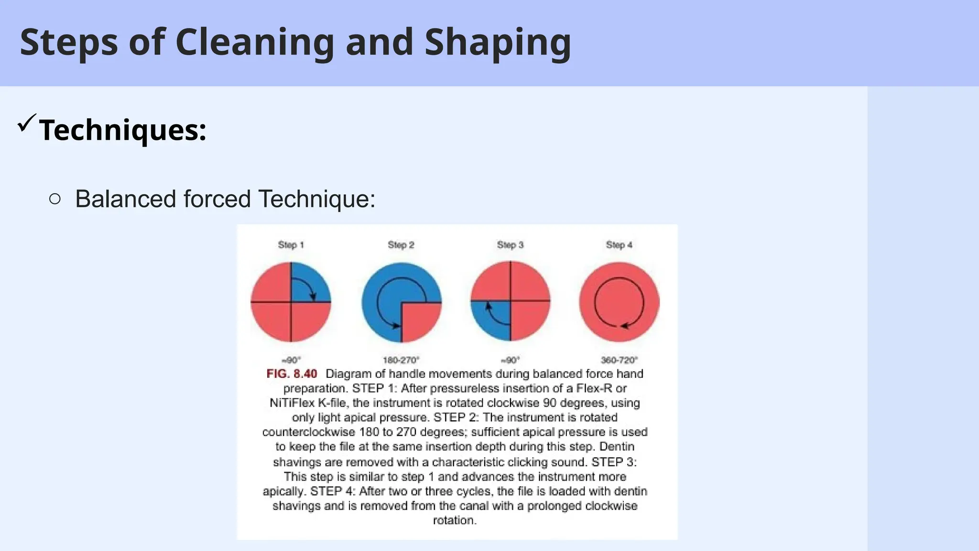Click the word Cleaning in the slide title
click(255, 43)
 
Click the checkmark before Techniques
click(26, 123)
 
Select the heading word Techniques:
click(123, 130)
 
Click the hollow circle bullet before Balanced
click(55, 199)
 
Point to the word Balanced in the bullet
click(126, 199)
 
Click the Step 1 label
click(291, 245)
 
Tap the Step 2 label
click(401, 245)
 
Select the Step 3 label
click(510, 245)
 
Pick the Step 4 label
click(619, 245)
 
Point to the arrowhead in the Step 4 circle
click(624, 326)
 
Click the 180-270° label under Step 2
click(401, 360)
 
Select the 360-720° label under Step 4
click(619, 360)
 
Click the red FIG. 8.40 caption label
click(292, 374)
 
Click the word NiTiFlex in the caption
click(292, 403)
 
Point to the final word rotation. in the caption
click(455, 520)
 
